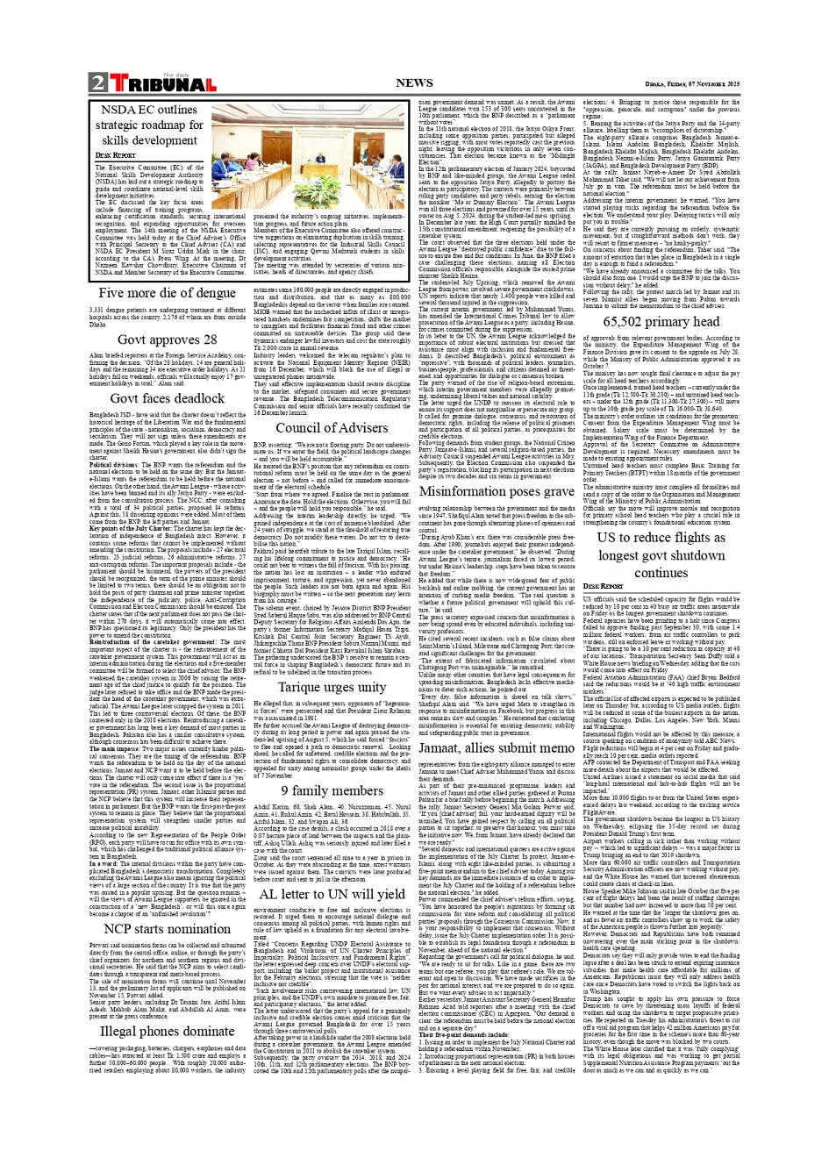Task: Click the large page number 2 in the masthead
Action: (x=96, y=83)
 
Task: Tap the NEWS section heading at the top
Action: (x=414, y=83)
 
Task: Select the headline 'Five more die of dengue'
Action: (x=167, y=293)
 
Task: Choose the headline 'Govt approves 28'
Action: (x=167, y=339)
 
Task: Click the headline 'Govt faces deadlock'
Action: (x=167, y=398)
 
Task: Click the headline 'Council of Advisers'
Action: (x=331, y=428)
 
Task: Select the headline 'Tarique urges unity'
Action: (x=331, y=688)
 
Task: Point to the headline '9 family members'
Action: (x=331, y=790)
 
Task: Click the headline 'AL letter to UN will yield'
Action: (x=331, y=894)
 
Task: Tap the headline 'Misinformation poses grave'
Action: (x=496, y=491)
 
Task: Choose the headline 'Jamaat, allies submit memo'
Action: (x=496, y=747)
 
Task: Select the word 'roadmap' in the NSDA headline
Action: (x=181, y=125)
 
